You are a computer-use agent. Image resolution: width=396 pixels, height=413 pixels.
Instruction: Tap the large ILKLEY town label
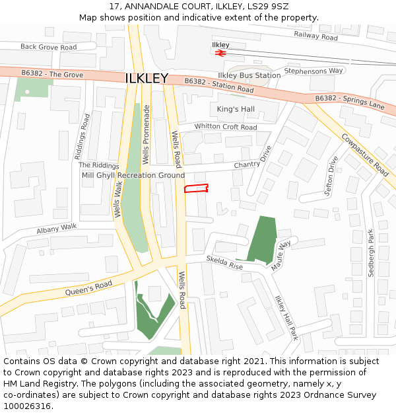[x=147, y=79]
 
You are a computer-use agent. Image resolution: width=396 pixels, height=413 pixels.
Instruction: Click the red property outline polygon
[x=196, y=189]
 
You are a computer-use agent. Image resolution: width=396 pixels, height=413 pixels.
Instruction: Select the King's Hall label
[x=236, y=109]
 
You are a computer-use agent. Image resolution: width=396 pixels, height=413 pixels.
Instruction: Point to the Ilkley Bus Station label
[x=249, y=75]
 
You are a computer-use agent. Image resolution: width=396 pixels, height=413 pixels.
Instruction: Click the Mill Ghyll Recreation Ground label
[x=133, y=175]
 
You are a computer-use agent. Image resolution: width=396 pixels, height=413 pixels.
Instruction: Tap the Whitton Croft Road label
[x=226, y=127]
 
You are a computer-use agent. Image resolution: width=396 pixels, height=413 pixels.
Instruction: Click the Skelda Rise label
[x=224, y=262]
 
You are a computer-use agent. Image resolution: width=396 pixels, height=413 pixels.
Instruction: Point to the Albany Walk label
[x=57, y=228]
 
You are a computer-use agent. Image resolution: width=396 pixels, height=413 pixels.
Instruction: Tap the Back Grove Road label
[x=48, y=47]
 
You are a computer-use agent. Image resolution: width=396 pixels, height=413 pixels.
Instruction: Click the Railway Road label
[x=315, y=36]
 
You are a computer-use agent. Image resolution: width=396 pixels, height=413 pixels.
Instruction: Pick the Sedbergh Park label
[x=371, y=253]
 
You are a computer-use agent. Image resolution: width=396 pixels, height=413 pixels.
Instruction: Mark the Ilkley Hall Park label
[x=286, y=318]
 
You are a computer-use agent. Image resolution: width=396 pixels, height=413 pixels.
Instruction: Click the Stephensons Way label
[x=313, y=71]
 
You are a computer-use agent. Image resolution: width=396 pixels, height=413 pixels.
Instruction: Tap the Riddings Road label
[x=82, y=136]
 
